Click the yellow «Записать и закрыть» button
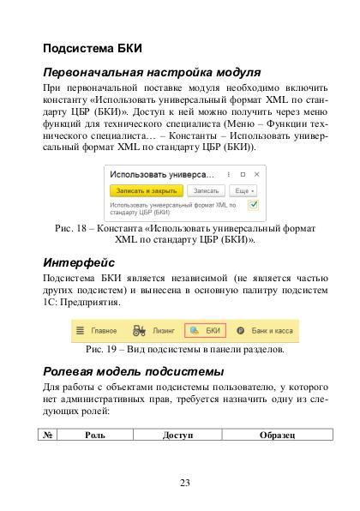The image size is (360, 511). [x=144, y=189]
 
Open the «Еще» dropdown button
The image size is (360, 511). [x=243, y=189]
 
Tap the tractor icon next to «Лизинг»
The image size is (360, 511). [x=139, y=330]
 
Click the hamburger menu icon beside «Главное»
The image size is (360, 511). [x=80, y=330]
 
